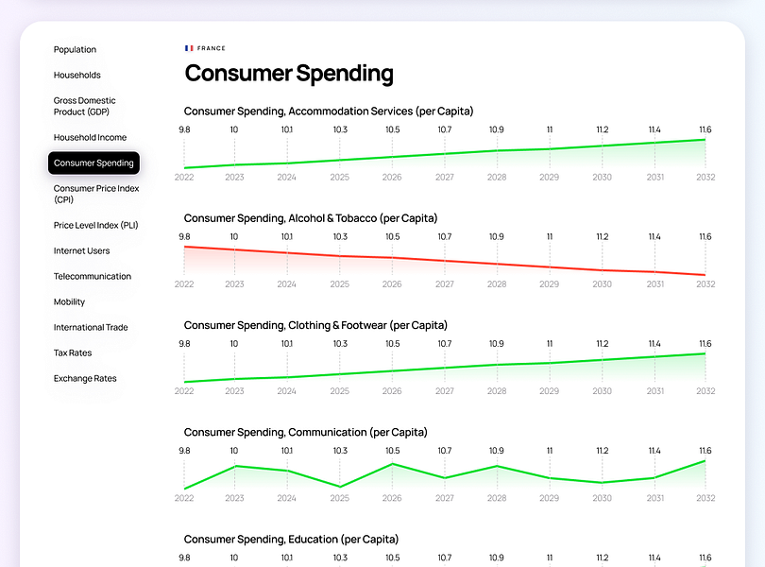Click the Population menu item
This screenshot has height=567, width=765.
tap(75, 49)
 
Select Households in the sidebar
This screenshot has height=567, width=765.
tap(77, 75)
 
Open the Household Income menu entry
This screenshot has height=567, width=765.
tap(90, 137)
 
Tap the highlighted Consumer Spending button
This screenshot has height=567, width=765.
tap(93, 163)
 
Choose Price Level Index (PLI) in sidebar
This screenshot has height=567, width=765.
tap(95, 225)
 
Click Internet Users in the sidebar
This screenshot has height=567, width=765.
tap(81, 250)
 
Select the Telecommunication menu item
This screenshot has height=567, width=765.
tap(93, 276)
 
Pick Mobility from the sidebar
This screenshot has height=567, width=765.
tap(69, 301)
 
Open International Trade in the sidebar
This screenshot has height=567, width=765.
tap(91, 327)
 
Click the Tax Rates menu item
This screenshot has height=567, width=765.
tap(73, 352)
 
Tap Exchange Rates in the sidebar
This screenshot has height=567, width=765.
tap(85, 378)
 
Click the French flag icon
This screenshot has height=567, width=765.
tap(189, 48)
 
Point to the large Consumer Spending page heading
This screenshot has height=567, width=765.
tap(289, 74)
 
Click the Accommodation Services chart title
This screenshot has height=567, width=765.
tap(329, 112)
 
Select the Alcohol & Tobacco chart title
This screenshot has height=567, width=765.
tap(311, 218)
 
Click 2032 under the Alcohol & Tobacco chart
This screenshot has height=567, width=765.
tap(705, 283)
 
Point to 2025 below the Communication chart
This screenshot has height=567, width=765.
tap(340, 498)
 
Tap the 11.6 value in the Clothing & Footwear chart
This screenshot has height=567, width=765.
tap(705, 343)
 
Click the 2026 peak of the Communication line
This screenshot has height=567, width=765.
tap(392, 464)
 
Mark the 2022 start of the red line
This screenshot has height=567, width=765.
tap(184, 247)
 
